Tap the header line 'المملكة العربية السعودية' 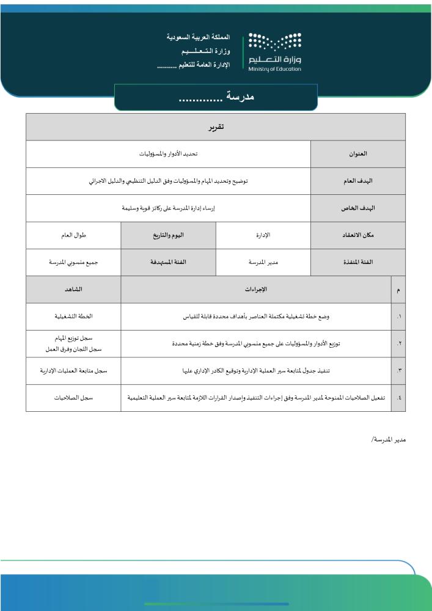[x=199, y=37]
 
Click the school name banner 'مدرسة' [x=216, y=97]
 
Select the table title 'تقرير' [x=216, y=127]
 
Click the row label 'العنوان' [x=357, y=155]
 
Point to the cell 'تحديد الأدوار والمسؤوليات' [x=168, y=155]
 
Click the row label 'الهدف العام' [x=357, y=181]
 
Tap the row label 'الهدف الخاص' [x=357, y=208]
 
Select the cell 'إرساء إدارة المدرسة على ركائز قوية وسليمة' [x=168, y=208]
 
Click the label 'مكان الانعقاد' [x=357, y=235]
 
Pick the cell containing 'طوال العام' [x=73, y=235]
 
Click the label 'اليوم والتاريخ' [x=168, y=235]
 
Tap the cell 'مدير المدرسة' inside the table [x=263, y=262]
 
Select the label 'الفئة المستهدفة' [x=168, y=262]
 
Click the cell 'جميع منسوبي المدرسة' [x=73, y=262]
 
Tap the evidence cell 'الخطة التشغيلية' [x=73, y=316]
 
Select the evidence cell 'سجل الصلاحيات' [x=73, y=397]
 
